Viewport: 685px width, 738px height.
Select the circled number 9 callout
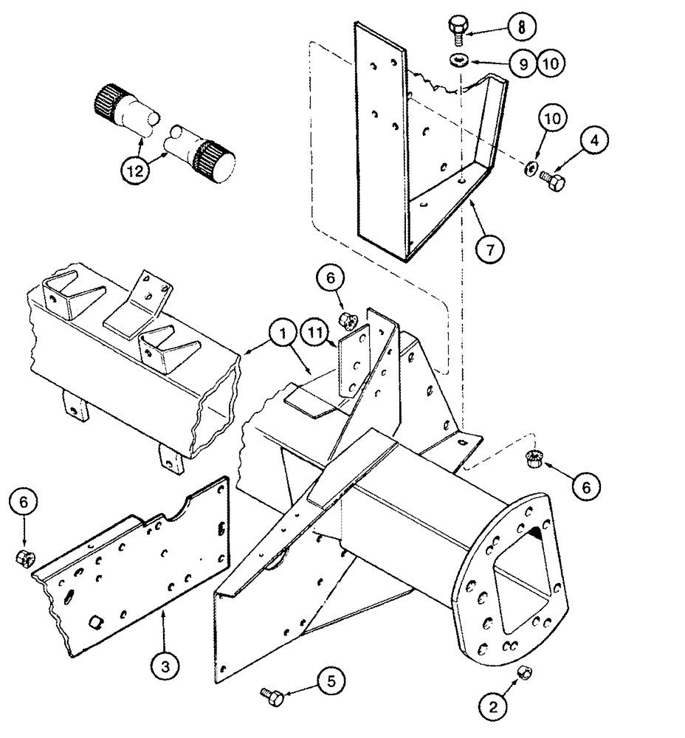[x=523, y=64]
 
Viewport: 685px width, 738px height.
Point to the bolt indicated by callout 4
[x=553, y=179]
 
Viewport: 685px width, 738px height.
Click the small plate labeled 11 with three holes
[x=352, y=366]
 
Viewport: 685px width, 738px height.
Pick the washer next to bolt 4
[x=531, y=170]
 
